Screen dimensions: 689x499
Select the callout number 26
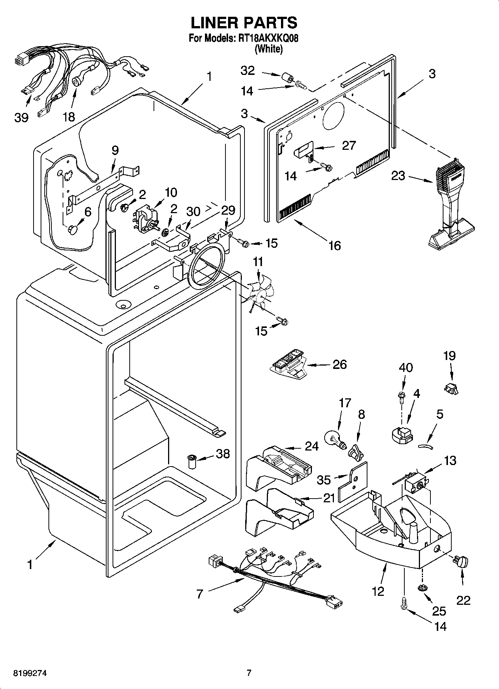coord(339,364)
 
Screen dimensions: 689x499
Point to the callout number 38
coord(222,453)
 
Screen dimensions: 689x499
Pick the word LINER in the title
coord(215,23)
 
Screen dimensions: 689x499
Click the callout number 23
coord(398,175)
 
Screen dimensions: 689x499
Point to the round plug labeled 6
coord(73,229)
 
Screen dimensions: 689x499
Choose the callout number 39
coord(21,117)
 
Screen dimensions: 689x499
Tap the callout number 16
coord(335,245)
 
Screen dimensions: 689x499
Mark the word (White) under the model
coord(268,49)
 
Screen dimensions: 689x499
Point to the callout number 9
coord(115,150)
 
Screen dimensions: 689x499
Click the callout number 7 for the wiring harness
coord(200,594)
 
